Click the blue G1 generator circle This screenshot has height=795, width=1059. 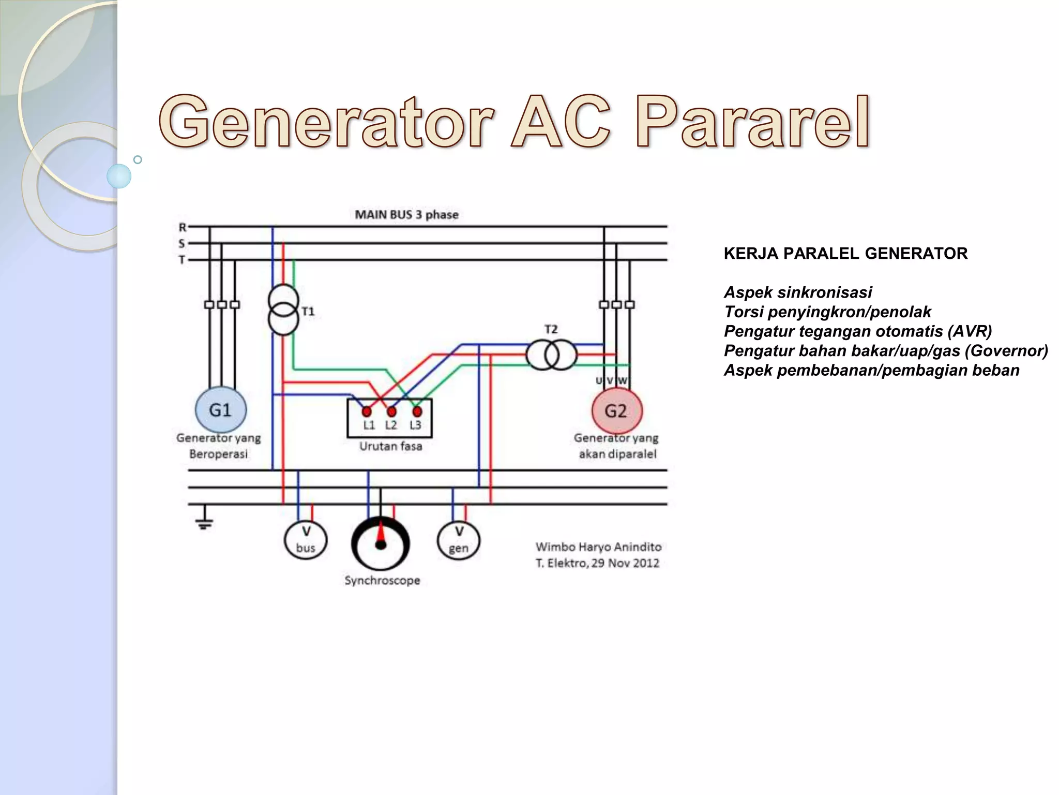[x=220, y=410]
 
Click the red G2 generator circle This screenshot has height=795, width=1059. [x=616, y=411]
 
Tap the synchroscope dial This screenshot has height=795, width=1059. [x=381, y=543]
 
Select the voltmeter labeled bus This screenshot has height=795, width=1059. [x=306, y=540]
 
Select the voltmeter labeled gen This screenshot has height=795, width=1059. [x=459, y=540]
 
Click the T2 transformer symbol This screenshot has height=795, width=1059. [x=551, y=355]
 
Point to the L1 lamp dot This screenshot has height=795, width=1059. [x=367, y=412]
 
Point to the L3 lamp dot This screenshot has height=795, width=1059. [x=417, y=412]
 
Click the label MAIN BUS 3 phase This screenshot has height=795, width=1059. [x=406, y=215]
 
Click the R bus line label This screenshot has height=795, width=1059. [x=183, y=227]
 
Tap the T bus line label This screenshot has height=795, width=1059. [x=182, y=260]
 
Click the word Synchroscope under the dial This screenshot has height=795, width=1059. [x=382, y=581]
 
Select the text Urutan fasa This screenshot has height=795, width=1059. [x=390, y=446]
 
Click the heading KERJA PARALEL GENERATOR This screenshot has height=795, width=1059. [x=845, y=254]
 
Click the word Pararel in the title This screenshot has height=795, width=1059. [x=752, y=122]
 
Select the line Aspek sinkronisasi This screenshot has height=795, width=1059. [x=798, y=292]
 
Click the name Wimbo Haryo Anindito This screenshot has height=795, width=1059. [x=598, y=547]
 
